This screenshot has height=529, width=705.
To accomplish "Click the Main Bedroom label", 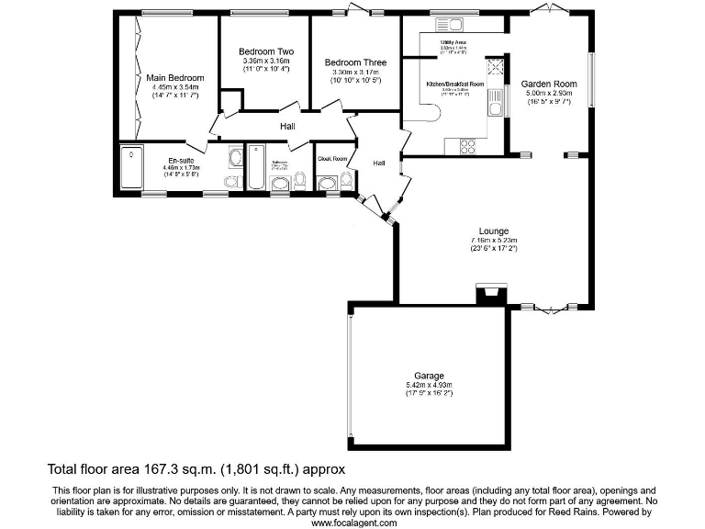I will tap(174, 77).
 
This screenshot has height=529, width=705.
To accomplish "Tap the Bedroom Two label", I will tap(266, 51).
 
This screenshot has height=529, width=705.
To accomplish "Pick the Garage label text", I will tap(429, 376).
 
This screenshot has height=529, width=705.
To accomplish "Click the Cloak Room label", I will tap(332, 159).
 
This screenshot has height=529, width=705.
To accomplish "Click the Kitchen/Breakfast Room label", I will tap(455, 84).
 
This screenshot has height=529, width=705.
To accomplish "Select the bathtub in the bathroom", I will tap(256, 166).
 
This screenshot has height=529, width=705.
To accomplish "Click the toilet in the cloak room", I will tap(346, 180).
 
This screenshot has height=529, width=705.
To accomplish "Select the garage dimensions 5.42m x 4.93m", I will tap(429, 385).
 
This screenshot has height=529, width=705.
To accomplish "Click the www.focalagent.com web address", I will tap(353, 523).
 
